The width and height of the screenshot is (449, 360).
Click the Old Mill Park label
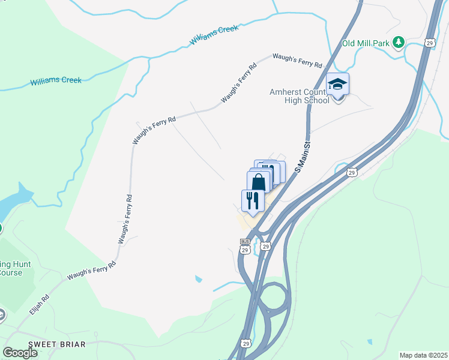pyautogui.click(x=366, y=43)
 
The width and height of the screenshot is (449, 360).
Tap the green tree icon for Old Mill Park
pyautogui.click(x=398, y=42)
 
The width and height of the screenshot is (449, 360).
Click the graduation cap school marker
pyautogui.click(x=337, y=85)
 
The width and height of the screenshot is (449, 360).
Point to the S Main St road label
pyautogui.click(x=303, y=157)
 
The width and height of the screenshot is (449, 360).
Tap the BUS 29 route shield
pyautogui.click(x=244, y=246)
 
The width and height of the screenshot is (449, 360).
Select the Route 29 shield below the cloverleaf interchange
pyautogui.click(x=247, y=343)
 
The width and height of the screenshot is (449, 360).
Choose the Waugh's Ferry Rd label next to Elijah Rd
pyautogui.click(x=92, y=271)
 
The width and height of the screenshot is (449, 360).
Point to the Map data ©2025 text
pyautogui.click(x=423, y=355)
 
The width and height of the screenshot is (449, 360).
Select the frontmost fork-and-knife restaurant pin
pyautogui.click(x=253, y=200)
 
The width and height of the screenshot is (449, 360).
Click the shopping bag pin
pyautogui.click(x=259, y=182)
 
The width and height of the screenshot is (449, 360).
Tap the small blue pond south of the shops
pyautogui.click(x=198, y=279)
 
